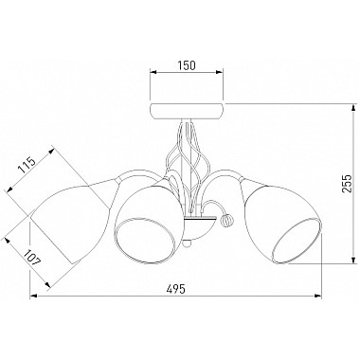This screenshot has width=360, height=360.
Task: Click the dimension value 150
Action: click(x=187, y=65)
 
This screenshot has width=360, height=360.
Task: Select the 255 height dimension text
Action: click(x=347, y=183)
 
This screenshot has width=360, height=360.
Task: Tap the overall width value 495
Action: click(x=175, y=289)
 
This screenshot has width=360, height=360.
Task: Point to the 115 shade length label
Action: click(x=27, y=166)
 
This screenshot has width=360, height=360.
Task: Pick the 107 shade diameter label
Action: click(x=32, y=258)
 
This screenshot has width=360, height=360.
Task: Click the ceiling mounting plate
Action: click(x=187, y=111)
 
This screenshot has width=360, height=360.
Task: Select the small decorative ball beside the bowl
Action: click(x=226, y=220)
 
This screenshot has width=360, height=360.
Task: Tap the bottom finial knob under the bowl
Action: click(x=187, y=243)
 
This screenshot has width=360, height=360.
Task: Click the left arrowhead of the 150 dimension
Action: click(x=153, y=72)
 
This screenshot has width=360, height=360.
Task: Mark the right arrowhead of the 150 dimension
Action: click(x=220, y=72)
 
